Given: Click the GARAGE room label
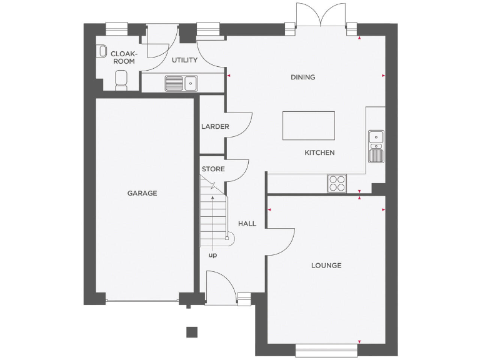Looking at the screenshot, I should [142, 193].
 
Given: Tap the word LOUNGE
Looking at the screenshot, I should [326, 266].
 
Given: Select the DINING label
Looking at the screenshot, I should [302, 77].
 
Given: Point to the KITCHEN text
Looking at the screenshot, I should [319, 152].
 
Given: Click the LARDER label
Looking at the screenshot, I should [215, 127].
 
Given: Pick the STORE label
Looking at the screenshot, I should [212, 169].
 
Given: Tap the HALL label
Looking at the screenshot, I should [247, 224].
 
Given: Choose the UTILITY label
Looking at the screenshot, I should [184, 61].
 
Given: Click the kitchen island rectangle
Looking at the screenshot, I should [308, 126].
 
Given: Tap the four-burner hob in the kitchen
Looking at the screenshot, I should [337, 182].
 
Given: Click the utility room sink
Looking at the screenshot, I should [181, 82].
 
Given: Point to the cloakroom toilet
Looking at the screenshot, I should [122, 79].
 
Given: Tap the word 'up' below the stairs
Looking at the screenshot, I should [212, 255].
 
